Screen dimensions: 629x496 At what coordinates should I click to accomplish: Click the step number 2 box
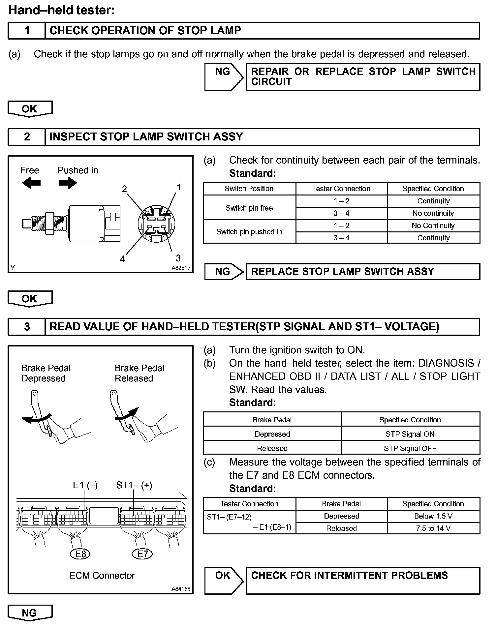click(27, 137)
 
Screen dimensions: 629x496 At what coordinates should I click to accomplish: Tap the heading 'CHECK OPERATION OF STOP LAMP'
click(145, 31)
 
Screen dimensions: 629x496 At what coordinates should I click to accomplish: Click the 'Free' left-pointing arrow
click(31, 183)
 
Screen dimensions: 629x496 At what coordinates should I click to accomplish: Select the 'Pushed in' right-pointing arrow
click(68, 183)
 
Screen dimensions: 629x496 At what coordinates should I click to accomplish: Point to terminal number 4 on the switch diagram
click(123, 259)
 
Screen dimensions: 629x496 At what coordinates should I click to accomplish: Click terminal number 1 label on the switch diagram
click(179, 187)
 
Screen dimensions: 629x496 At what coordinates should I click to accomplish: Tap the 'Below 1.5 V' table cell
click(433, 516)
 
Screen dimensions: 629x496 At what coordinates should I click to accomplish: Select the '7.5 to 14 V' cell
click(433, 528)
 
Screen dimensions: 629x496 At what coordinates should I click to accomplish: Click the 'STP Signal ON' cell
click(410, 434)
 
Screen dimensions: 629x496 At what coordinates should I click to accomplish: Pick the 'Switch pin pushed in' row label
click(249, 232)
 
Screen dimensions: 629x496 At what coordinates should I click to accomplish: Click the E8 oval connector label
click(80, 554)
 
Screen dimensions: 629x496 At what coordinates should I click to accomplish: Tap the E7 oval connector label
click(142, 554)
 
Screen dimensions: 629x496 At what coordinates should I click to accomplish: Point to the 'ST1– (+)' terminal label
click(134, 485)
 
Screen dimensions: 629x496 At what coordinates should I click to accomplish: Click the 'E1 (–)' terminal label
click(85, 485)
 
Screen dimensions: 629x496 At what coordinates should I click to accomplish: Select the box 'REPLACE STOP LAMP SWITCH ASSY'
click(363, 272)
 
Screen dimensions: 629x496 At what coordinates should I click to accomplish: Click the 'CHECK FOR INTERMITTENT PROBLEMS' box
click(363, 581)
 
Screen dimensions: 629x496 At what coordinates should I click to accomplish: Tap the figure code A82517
click(181, 268)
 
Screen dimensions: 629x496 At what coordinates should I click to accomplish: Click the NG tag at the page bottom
click(30, 613)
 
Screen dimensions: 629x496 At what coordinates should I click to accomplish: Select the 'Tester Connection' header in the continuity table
click(341, 189)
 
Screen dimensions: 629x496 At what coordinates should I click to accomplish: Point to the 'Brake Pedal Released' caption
click(139, 373)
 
